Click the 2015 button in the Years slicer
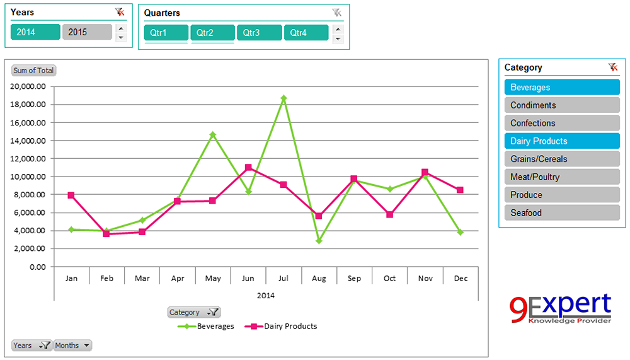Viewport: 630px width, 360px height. click(87, 32)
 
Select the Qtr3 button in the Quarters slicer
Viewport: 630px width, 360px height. click(260, 33)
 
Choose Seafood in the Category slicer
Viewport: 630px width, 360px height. click(562, 213)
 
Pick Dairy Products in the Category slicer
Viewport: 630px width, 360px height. click(562, 141)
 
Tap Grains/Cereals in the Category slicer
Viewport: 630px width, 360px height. click(562, 159)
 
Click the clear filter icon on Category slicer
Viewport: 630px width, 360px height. click(612, 67)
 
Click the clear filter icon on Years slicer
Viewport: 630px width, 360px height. click(120, 12)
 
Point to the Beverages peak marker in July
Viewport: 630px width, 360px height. click(283, 98)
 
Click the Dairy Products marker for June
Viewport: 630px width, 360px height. click(248, 168)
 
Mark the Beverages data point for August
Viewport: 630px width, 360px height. click(319, 241)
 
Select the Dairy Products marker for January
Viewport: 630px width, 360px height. click(71, 195)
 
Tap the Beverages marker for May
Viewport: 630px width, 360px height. click(213, 134)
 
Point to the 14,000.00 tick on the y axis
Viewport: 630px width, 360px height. click(29, 141)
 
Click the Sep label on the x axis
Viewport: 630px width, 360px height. click(354, 278)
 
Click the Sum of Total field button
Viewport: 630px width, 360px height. click(33, 71)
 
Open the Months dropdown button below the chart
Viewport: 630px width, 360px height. click(72, 345)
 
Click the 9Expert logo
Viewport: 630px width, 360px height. click(560, 309)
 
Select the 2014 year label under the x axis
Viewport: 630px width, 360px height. click(266, 295)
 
